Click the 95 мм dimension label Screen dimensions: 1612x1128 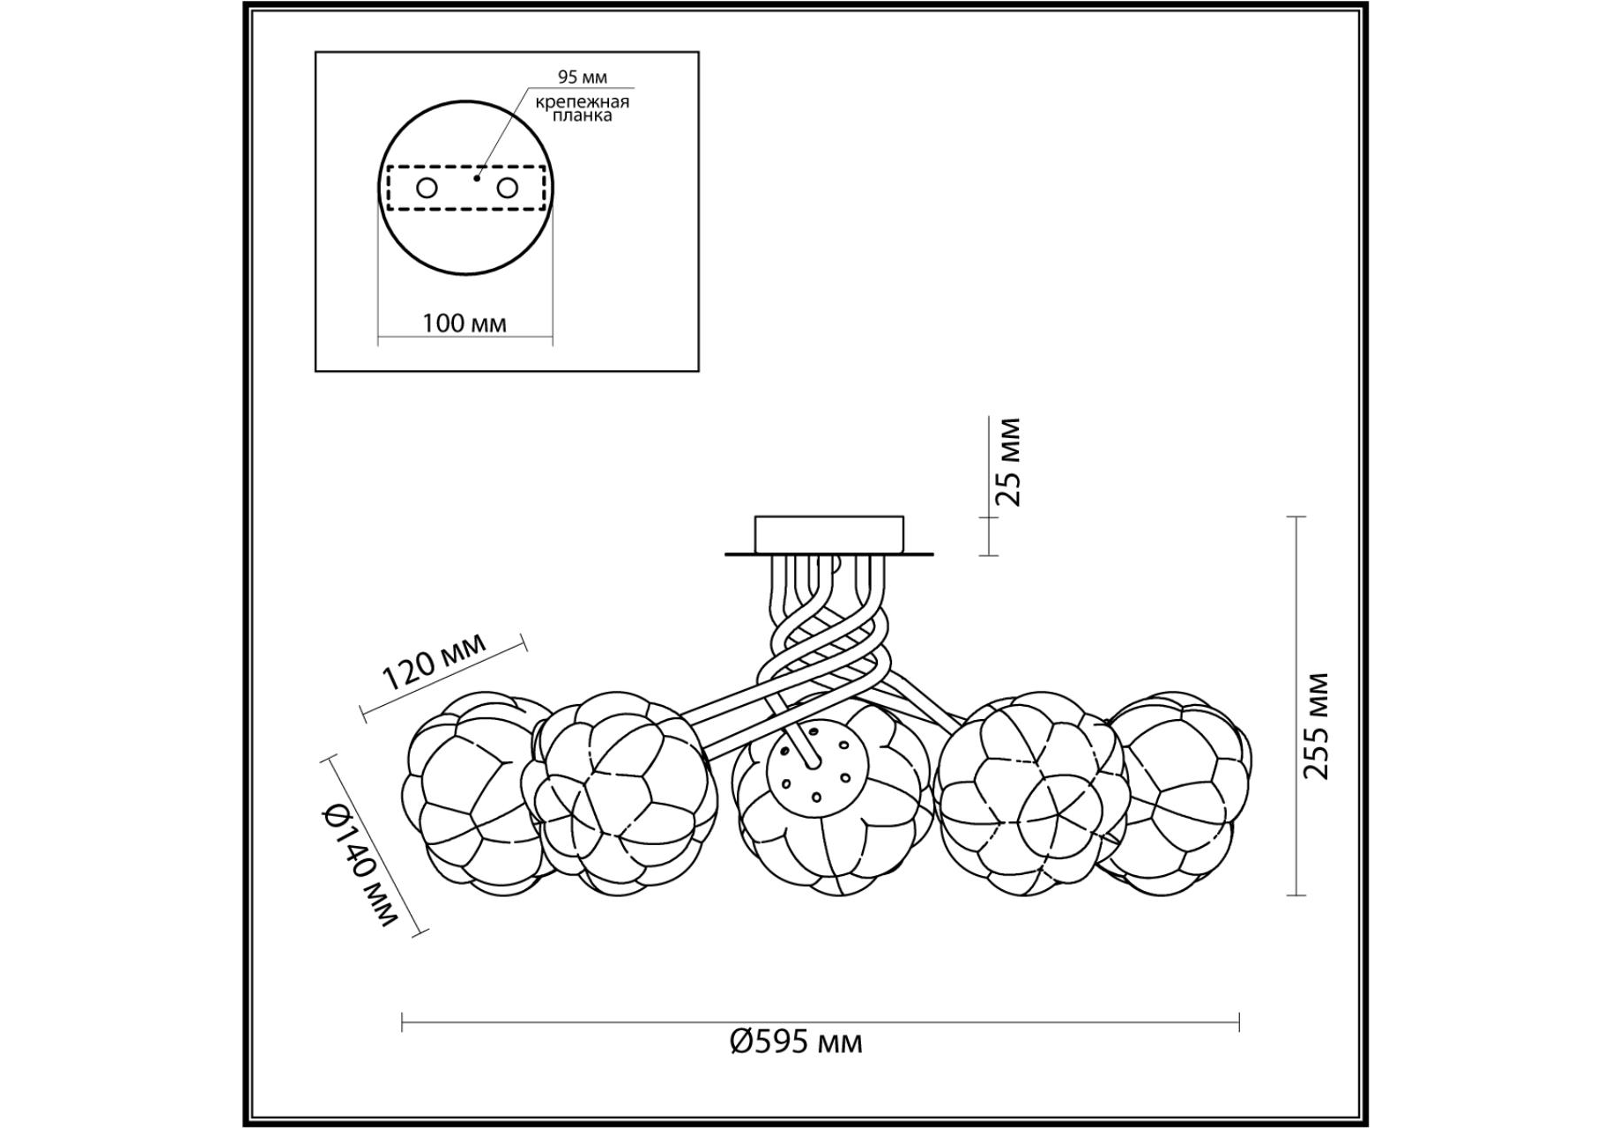pos(582,78)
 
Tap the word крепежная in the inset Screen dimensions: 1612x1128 pos(583,101)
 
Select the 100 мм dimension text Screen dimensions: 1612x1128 pos(464,323)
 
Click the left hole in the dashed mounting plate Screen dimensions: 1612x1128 pos(427,188)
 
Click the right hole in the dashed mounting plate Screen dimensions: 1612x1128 pos(507,188)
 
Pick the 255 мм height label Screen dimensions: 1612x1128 pos(1316,725)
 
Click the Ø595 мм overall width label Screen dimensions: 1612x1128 pos(796,1043)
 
